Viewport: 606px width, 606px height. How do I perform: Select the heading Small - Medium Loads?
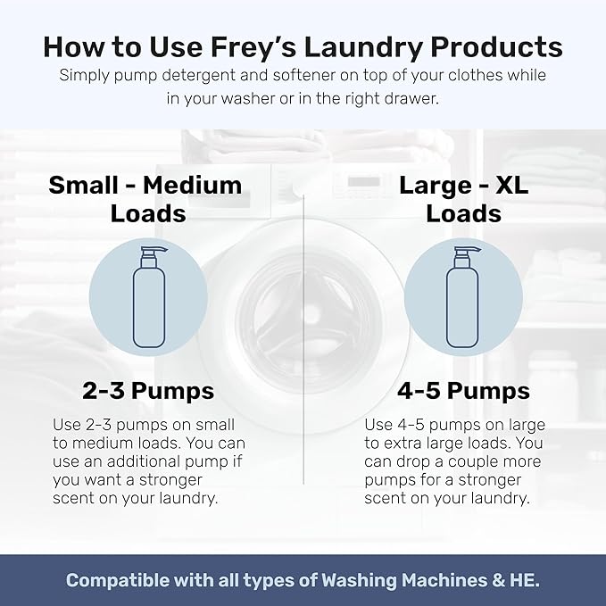point(145,199)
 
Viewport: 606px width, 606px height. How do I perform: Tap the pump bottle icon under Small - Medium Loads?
point(148,298)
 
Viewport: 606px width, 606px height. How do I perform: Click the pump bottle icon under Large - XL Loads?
point(462,298)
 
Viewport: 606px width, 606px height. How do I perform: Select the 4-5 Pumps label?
point(462,391)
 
